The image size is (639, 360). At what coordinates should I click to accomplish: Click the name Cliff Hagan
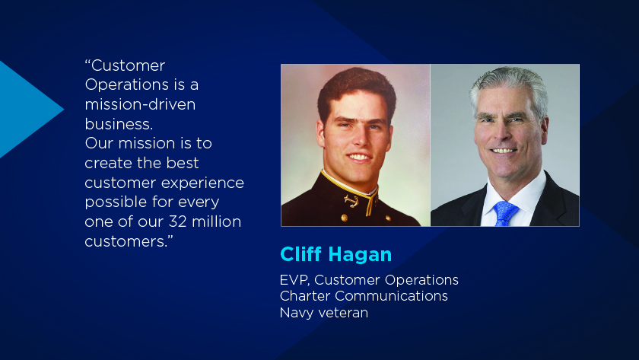coord(335,255)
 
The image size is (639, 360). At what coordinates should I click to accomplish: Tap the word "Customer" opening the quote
coord(128,65)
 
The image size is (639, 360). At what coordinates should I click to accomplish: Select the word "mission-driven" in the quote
coord(140,105)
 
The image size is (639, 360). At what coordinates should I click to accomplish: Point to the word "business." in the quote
coord(119,124)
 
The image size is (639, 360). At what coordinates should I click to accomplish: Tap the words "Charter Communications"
coord(364,296)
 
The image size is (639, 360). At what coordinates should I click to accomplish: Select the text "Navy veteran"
coord(324,313)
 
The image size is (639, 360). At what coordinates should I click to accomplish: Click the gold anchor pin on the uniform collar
coord(350,201)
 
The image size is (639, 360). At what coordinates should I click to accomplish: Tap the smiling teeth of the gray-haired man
coord(504,151)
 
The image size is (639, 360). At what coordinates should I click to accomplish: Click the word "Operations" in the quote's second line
coord(127,85)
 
